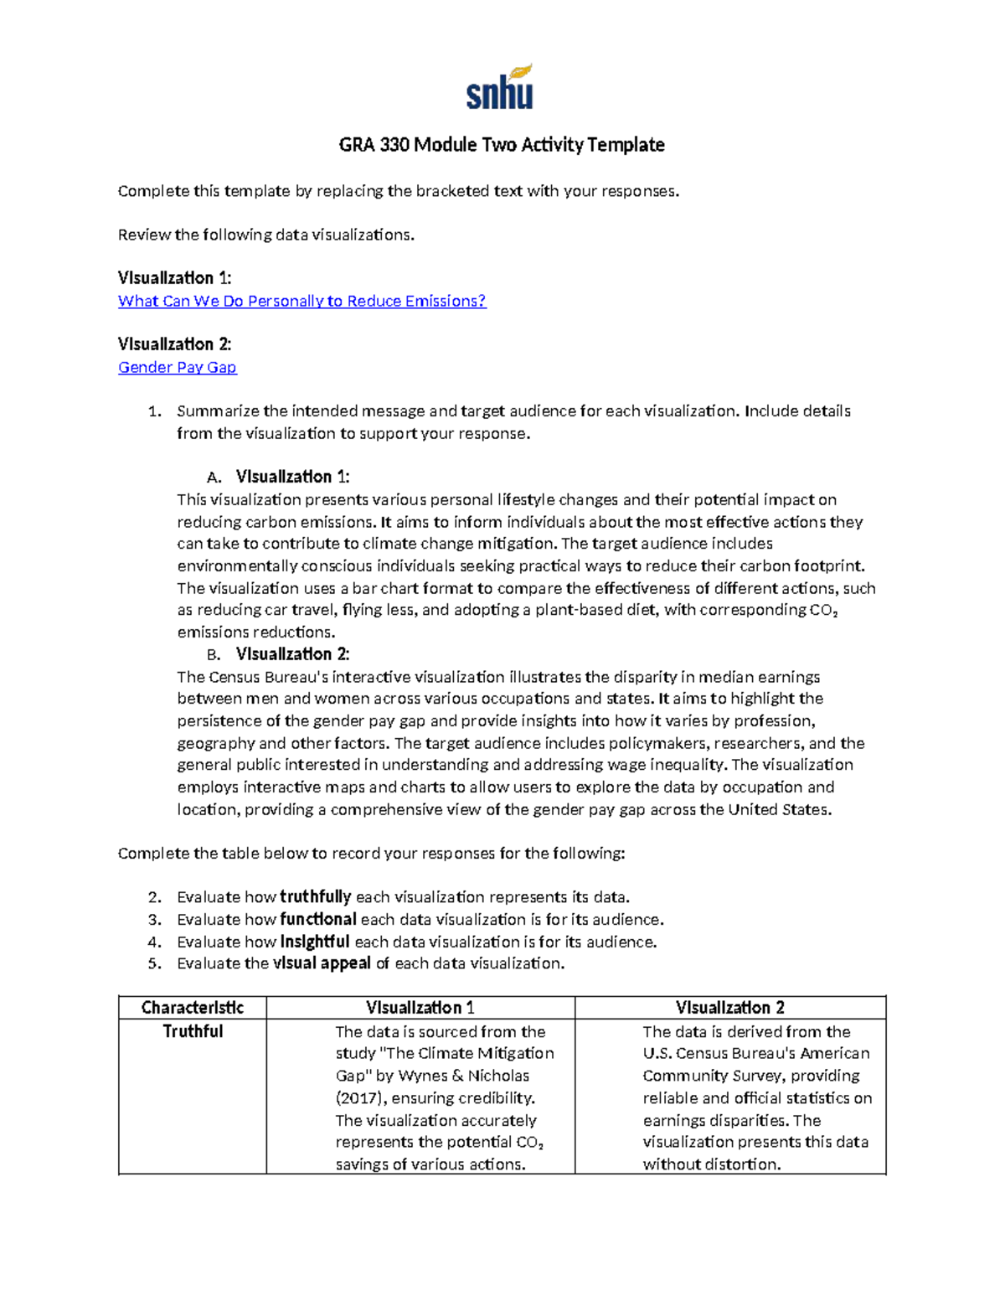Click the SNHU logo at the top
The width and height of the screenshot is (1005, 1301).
click(x=500, y=89)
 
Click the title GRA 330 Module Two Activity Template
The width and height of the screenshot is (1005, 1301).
click(x=501, y=145)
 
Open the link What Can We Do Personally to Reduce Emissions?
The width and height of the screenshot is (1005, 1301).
click(x=301, y=301)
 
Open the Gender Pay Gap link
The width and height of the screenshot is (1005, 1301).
click(x=177, y=367)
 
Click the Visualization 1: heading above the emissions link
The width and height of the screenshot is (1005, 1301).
click(x=174, y=277)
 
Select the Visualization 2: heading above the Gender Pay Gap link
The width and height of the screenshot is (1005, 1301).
click(x=174, y=343)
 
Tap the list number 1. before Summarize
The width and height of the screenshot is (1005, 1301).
click(x=153, y=411)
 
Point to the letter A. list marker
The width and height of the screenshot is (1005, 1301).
click(x=214, y=478)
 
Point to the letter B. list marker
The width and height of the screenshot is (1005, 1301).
click(x=214, y=654)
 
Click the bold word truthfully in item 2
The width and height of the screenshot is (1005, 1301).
click(x=315, y=897)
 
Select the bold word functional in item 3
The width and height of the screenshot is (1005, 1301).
click(x=317, y=919)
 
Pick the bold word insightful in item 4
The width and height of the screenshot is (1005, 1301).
click(x=314, y=942)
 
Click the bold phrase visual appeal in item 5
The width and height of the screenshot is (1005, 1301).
click(x=322, y=963)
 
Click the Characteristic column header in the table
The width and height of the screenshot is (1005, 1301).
click(x=193, y=1007)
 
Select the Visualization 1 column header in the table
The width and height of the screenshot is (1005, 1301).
click(x=420, y=1007)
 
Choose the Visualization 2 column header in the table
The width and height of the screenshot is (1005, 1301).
click(x=729, y=1007)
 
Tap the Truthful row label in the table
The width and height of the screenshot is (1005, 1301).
click(x=193, y=1031)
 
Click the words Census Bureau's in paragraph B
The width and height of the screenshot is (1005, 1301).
click(x=268, y=677)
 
